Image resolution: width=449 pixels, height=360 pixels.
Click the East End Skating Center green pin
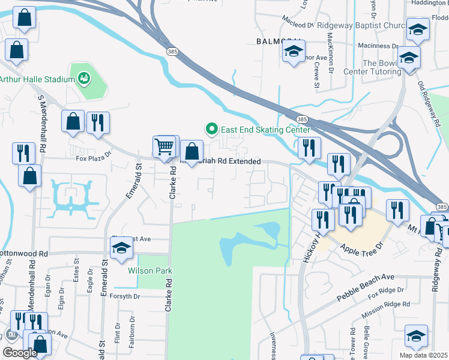(211, 129)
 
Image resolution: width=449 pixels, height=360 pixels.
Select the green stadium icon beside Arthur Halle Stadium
(83, 78)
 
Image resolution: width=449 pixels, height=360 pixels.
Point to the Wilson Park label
(149, 271)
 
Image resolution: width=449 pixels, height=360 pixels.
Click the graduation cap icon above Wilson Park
(121, 248)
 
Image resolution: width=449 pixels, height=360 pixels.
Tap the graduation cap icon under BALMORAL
(294, 52)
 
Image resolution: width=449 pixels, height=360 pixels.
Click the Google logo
(20, 352)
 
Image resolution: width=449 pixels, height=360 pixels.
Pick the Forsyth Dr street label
(125, 296)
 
